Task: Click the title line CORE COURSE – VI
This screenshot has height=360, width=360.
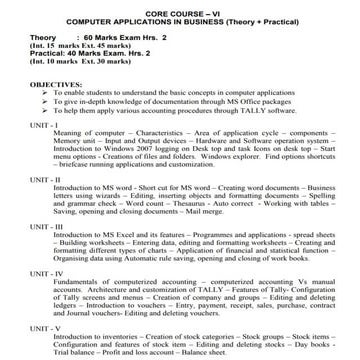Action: coord(180,9)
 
